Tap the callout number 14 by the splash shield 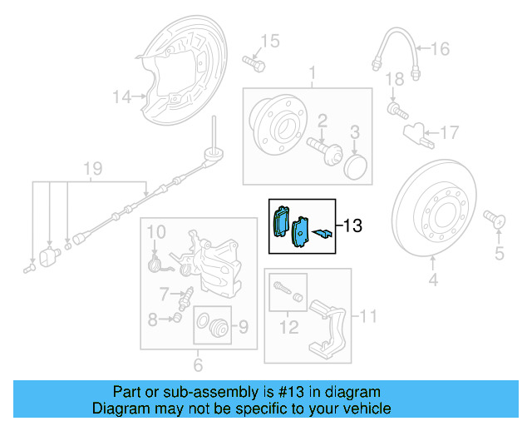(x=123, y=98)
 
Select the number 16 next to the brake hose (x=439, y=50)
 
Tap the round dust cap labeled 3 (x=356, y=165)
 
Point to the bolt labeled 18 (x=394, y=109)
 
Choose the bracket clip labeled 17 (x=416, y=132)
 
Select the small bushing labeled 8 (x=176, y=318)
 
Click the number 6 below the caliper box (x=198, y=364)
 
